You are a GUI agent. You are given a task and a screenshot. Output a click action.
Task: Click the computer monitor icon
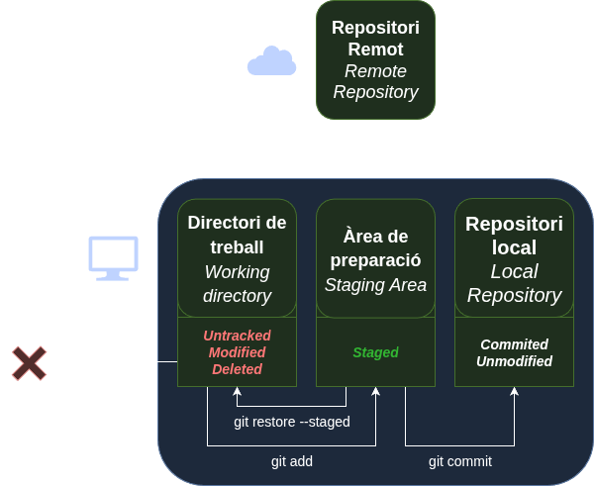point(114,257)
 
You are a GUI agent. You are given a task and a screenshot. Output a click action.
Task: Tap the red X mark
point(30,363)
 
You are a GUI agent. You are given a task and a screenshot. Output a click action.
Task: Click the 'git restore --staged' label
point(292,422)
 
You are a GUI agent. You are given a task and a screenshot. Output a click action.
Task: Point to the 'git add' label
point(292,461)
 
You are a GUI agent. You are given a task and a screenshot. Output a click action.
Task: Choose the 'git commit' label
point(460,461)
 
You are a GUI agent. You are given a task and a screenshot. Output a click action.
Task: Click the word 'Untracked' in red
point(238,336)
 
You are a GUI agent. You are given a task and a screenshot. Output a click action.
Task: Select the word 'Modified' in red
point(238,352)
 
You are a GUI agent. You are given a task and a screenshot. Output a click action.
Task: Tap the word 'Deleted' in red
point(238,369)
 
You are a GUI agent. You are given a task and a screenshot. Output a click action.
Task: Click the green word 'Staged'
point(376,352)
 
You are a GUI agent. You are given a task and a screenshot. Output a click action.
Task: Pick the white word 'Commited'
point(514,344)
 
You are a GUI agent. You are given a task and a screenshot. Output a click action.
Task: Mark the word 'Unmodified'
point(514,361)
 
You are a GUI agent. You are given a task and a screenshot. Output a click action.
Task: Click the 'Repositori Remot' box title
point(375,39)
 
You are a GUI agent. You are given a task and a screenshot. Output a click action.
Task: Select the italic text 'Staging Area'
point(376,285)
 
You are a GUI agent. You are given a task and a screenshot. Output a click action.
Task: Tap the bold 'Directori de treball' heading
point(238,236)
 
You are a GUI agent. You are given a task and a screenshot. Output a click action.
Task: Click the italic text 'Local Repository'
point(514,283)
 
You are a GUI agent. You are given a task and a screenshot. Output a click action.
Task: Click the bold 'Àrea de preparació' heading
point(376,248)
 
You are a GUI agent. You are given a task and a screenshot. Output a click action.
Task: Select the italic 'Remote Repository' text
point(375,82)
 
